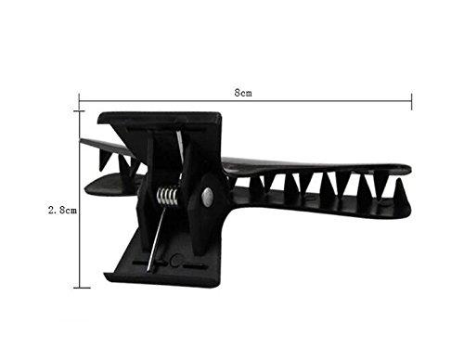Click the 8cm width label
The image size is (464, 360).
click(243, 92)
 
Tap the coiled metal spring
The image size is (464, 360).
click(167, 197)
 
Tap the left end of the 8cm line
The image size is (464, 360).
click(79, 101)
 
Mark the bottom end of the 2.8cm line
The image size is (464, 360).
click(79, 288)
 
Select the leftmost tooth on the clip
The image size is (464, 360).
click(104, 160)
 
